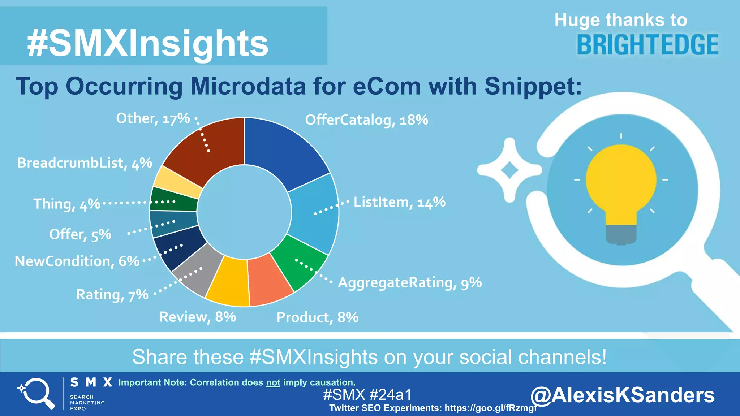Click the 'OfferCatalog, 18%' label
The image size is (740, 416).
[366, 120]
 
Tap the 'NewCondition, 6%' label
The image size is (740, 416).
[77, 261]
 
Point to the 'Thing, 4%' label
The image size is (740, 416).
[66, 204]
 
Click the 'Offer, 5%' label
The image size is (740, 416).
[80, 235]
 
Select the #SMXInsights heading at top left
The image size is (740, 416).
[147, 43]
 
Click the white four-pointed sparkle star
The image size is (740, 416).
[509, 170]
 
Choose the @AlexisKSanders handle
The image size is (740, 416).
[622, 395]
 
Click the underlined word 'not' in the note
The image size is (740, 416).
[273, 382]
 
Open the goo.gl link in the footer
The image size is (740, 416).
[491, 408]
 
